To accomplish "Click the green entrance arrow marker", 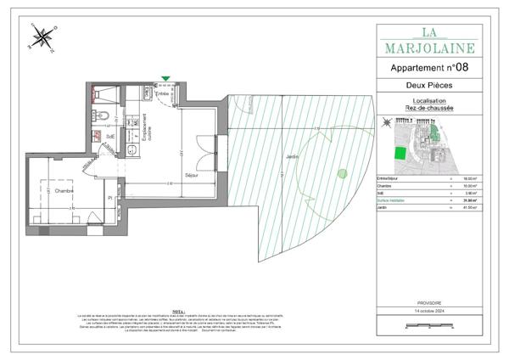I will (x=165, y=79).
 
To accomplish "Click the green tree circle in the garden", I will (x=341, y=174).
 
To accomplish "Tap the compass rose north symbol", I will (x=41, y=37).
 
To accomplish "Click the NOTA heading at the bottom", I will (x=177, y=311).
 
